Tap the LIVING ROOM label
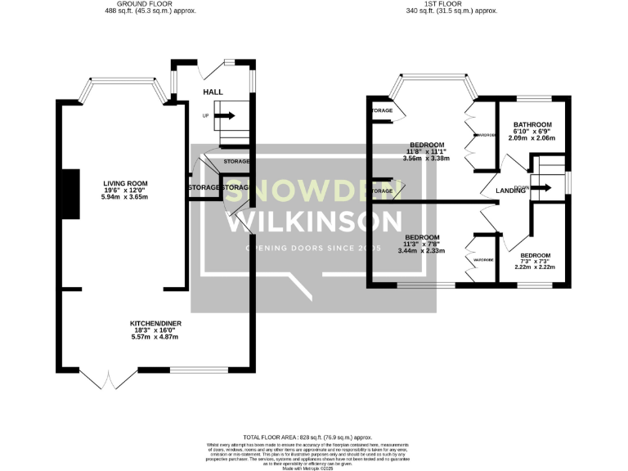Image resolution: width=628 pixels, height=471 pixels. [125, 182]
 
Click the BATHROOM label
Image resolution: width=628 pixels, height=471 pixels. [532, 123]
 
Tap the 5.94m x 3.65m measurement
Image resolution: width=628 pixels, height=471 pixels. [125, 198]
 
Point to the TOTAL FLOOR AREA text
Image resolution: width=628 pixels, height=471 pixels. [312, 438]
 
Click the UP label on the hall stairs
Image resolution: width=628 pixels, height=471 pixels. [206, 115]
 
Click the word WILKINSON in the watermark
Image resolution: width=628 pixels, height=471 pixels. [314, 221]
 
